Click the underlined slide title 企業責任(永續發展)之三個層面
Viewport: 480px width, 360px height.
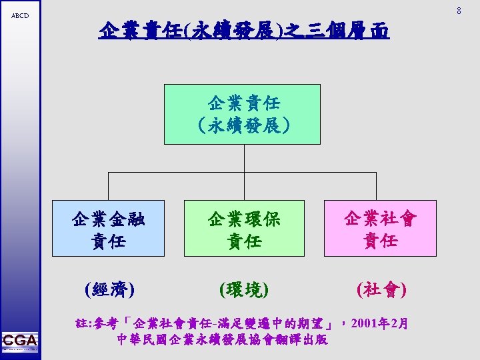(243, 30)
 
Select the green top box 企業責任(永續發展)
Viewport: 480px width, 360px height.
(242, 114)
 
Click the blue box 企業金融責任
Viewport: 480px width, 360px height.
(108, 228)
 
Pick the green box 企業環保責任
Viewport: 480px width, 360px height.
(244, 228)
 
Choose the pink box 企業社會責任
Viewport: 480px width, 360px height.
(380, 228)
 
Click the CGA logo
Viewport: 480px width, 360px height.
(20, 341)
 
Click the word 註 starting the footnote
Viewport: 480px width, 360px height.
(83, 324)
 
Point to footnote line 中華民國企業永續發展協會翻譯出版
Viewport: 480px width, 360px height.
(221, 339)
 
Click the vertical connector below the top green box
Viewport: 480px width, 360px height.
(242, 159)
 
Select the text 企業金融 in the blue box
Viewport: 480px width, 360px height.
(108, 219)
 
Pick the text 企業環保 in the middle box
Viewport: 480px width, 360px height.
(244, 219)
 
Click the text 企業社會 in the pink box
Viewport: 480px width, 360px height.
(380, 219)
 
